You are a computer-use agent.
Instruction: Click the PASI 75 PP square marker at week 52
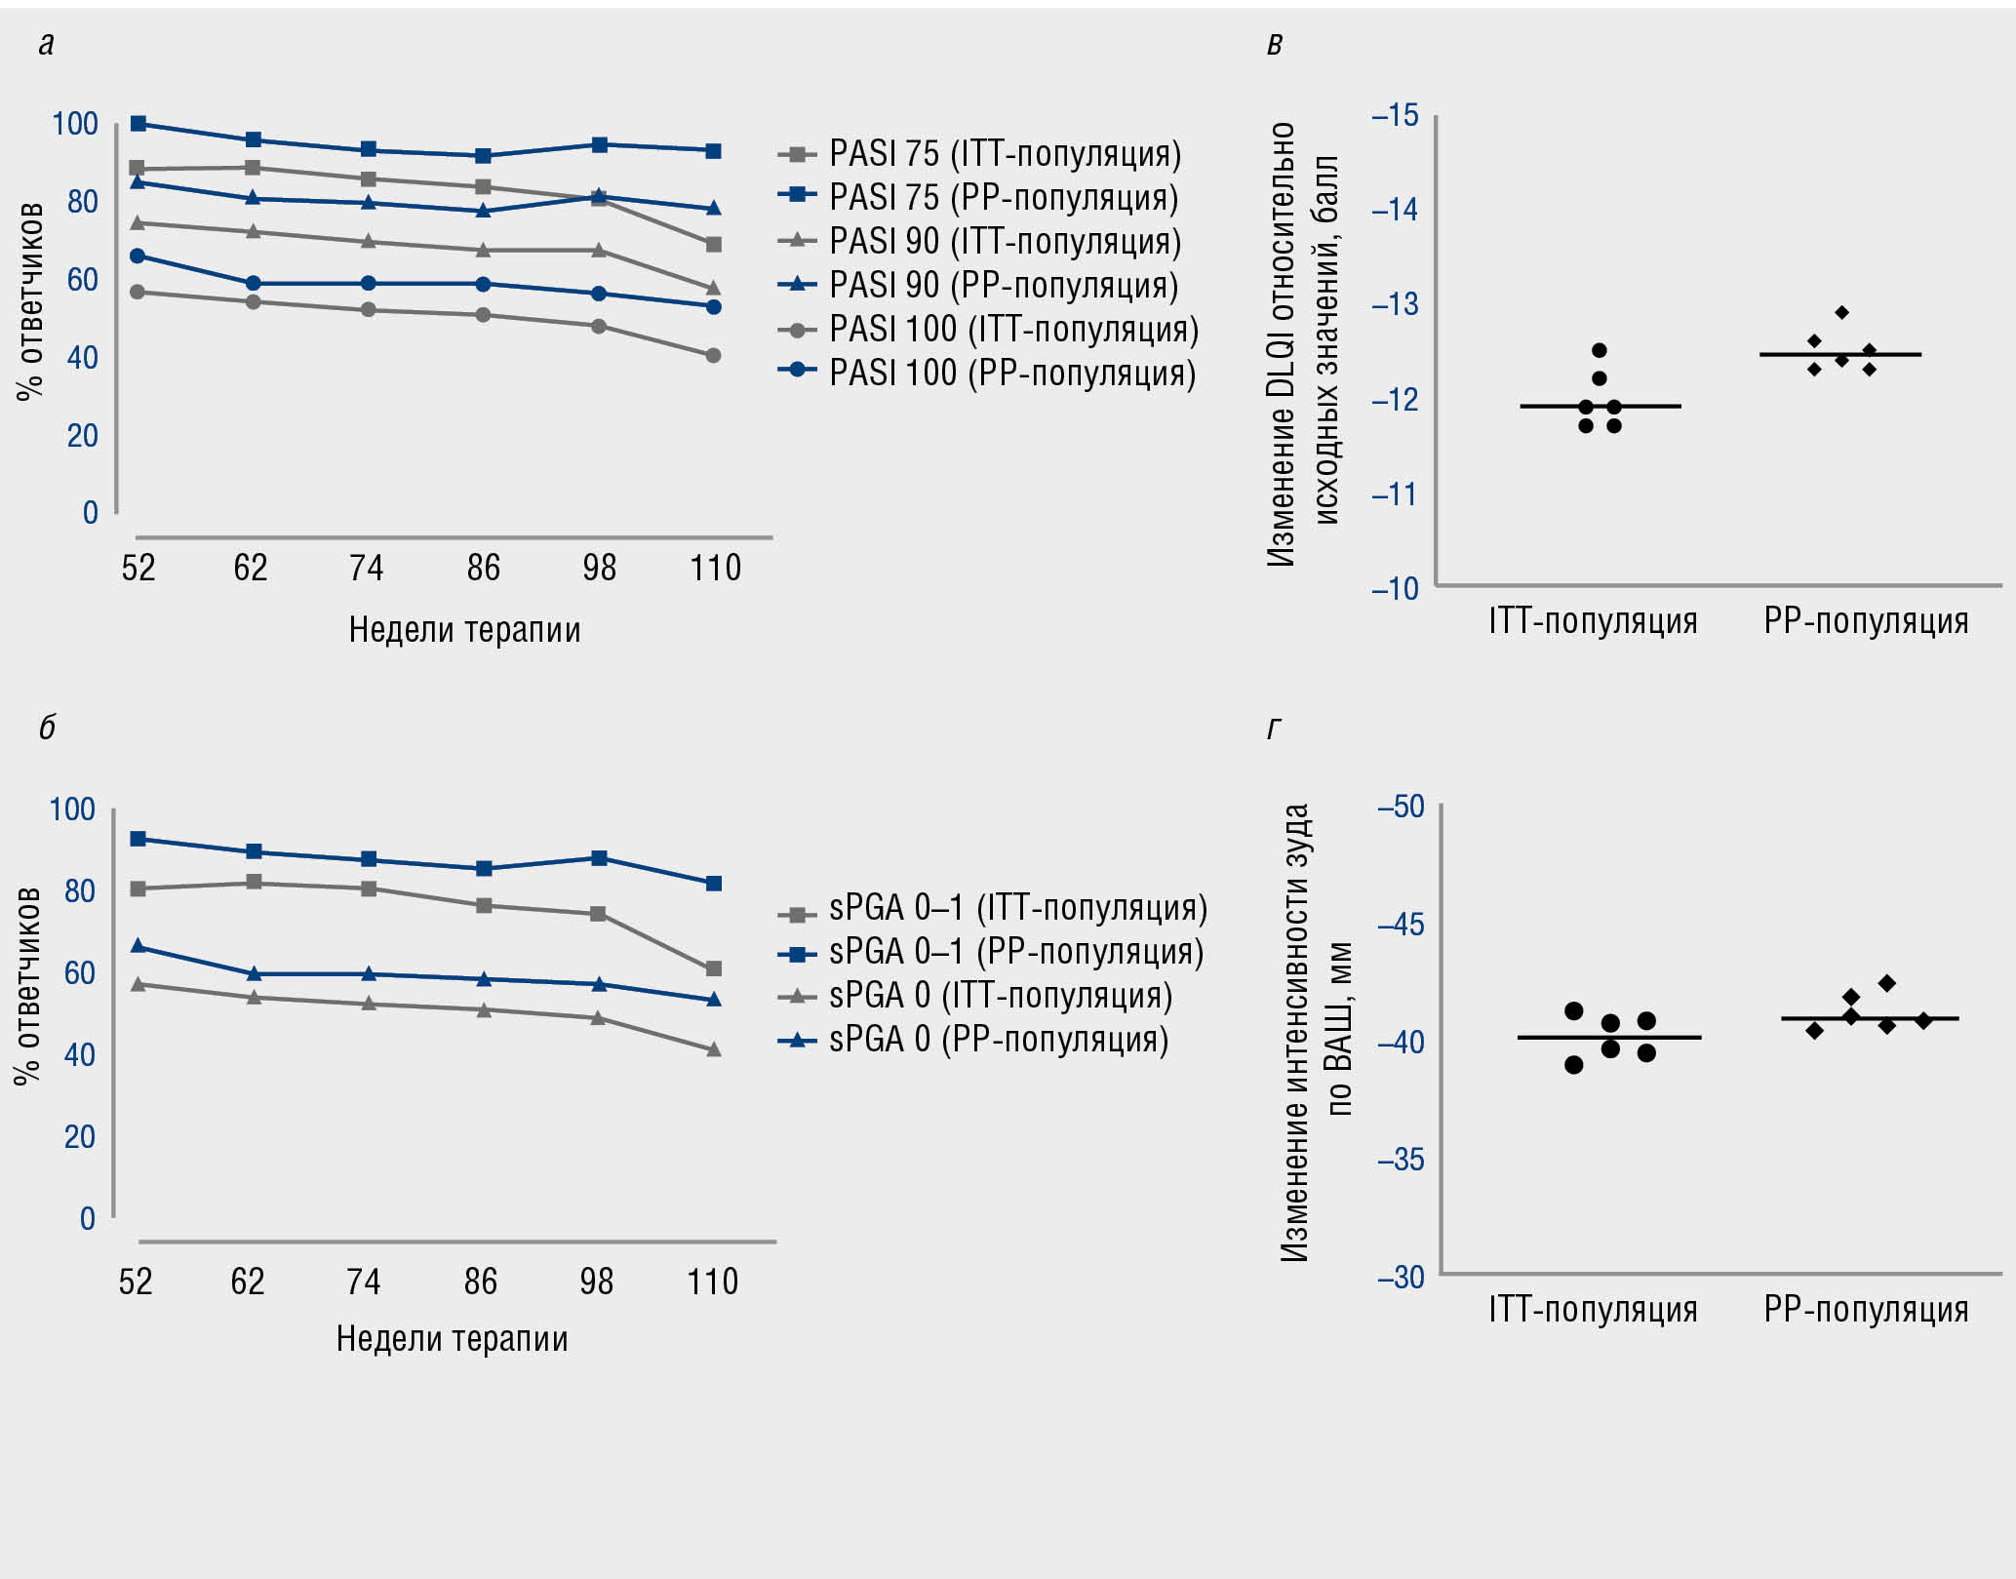pyautogui.click(x=138, y=124)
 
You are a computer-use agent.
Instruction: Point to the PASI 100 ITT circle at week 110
pyautogui.click(x=713, y=356)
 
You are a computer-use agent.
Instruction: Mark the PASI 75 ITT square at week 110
pyautogui.click(x=713, y=244)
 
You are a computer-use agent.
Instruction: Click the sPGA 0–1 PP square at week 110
pyautogui.click(x=713, y=884)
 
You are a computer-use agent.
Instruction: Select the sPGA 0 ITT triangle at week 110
pyautogui.click(x=713, y=1049)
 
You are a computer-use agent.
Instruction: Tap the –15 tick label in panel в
pyautogui.click(x=1396, y=116)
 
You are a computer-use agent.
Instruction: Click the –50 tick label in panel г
pyautogui.click(x=1401, y=807)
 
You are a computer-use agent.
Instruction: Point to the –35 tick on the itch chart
pyautogui.click(x=1401, y=1160)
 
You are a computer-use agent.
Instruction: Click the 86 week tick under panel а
pyautogui.click(x=483, y=568)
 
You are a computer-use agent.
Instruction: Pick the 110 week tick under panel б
pyautogui.click(x=713, y=1281)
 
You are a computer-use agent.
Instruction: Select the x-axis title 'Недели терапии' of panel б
pyautogui.click(x=452, y=1339)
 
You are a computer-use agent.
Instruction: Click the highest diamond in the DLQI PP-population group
pyautogui.click(x=1841, y=313)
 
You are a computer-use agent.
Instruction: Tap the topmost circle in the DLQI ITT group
pyautogui.click(x=1600, y=350)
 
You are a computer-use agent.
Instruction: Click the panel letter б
pyautogui.click(x=47, y=728)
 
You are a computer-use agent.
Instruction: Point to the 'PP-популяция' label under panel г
pyautogui.click(x=1866, y=1309)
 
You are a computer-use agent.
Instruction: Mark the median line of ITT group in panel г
pyautogui.click(x=1609, y=1038)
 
